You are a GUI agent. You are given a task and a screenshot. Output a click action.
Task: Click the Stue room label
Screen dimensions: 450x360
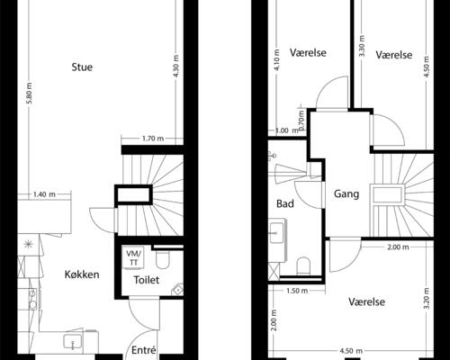82,67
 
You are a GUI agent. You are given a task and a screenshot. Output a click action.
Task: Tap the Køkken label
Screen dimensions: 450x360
82,274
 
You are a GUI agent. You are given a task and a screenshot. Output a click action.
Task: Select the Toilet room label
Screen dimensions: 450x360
147,280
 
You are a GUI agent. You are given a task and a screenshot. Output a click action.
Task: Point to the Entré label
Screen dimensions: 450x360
144,350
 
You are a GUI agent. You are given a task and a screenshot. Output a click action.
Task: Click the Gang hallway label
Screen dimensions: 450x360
346,193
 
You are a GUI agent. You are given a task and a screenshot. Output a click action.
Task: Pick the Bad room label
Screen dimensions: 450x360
285,203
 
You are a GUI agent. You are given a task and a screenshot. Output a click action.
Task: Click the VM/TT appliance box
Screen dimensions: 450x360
133,257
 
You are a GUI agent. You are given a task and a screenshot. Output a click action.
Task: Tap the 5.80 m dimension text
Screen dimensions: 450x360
29,94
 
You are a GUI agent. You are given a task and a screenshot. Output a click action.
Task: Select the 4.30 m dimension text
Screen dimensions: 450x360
176,66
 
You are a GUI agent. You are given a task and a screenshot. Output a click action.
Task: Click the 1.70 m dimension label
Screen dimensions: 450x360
153,139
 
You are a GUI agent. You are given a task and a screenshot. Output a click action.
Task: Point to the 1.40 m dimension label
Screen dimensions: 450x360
44,194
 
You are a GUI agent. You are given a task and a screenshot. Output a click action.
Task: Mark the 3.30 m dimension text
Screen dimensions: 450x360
362,46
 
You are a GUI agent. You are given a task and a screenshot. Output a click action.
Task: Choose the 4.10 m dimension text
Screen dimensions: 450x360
277,59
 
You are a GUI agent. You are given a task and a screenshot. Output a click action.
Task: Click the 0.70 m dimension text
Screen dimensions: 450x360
301,120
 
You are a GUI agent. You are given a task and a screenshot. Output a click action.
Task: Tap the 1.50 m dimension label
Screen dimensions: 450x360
297,291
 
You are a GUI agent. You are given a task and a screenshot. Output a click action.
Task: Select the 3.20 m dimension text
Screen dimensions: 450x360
427,298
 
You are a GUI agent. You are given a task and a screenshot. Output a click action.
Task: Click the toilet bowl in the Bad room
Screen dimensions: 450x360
303,266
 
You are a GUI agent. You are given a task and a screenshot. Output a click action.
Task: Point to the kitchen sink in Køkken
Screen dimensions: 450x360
73,341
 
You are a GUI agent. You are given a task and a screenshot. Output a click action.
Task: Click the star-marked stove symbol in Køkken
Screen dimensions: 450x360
29,245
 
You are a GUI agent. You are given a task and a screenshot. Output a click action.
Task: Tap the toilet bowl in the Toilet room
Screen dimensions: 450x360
163,259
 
